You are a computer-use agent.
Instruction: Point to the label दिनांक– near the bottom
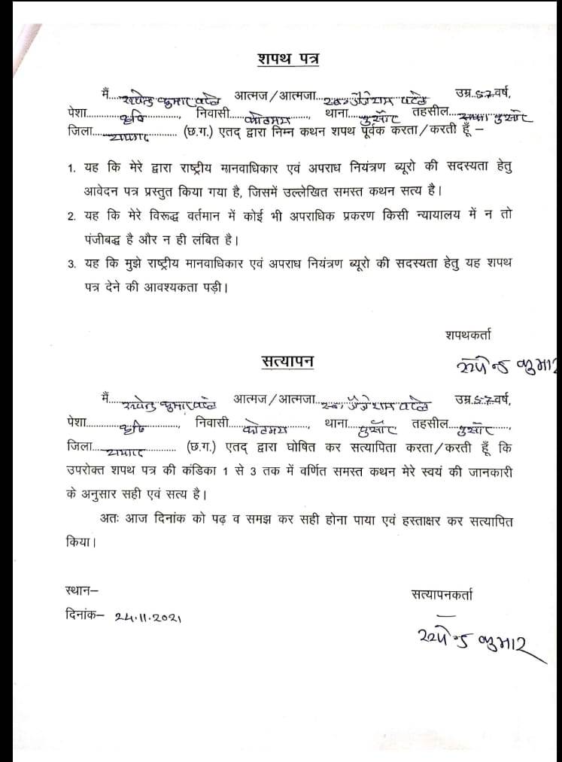click(x=83, y=614)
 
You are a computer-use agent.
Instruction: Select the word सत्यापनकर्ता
click(x=442, y=594)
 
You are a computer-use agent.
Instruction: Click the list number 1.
click(x=71, y=167)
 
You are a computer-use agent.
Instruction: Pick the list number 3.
click(x=71, y=265)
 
